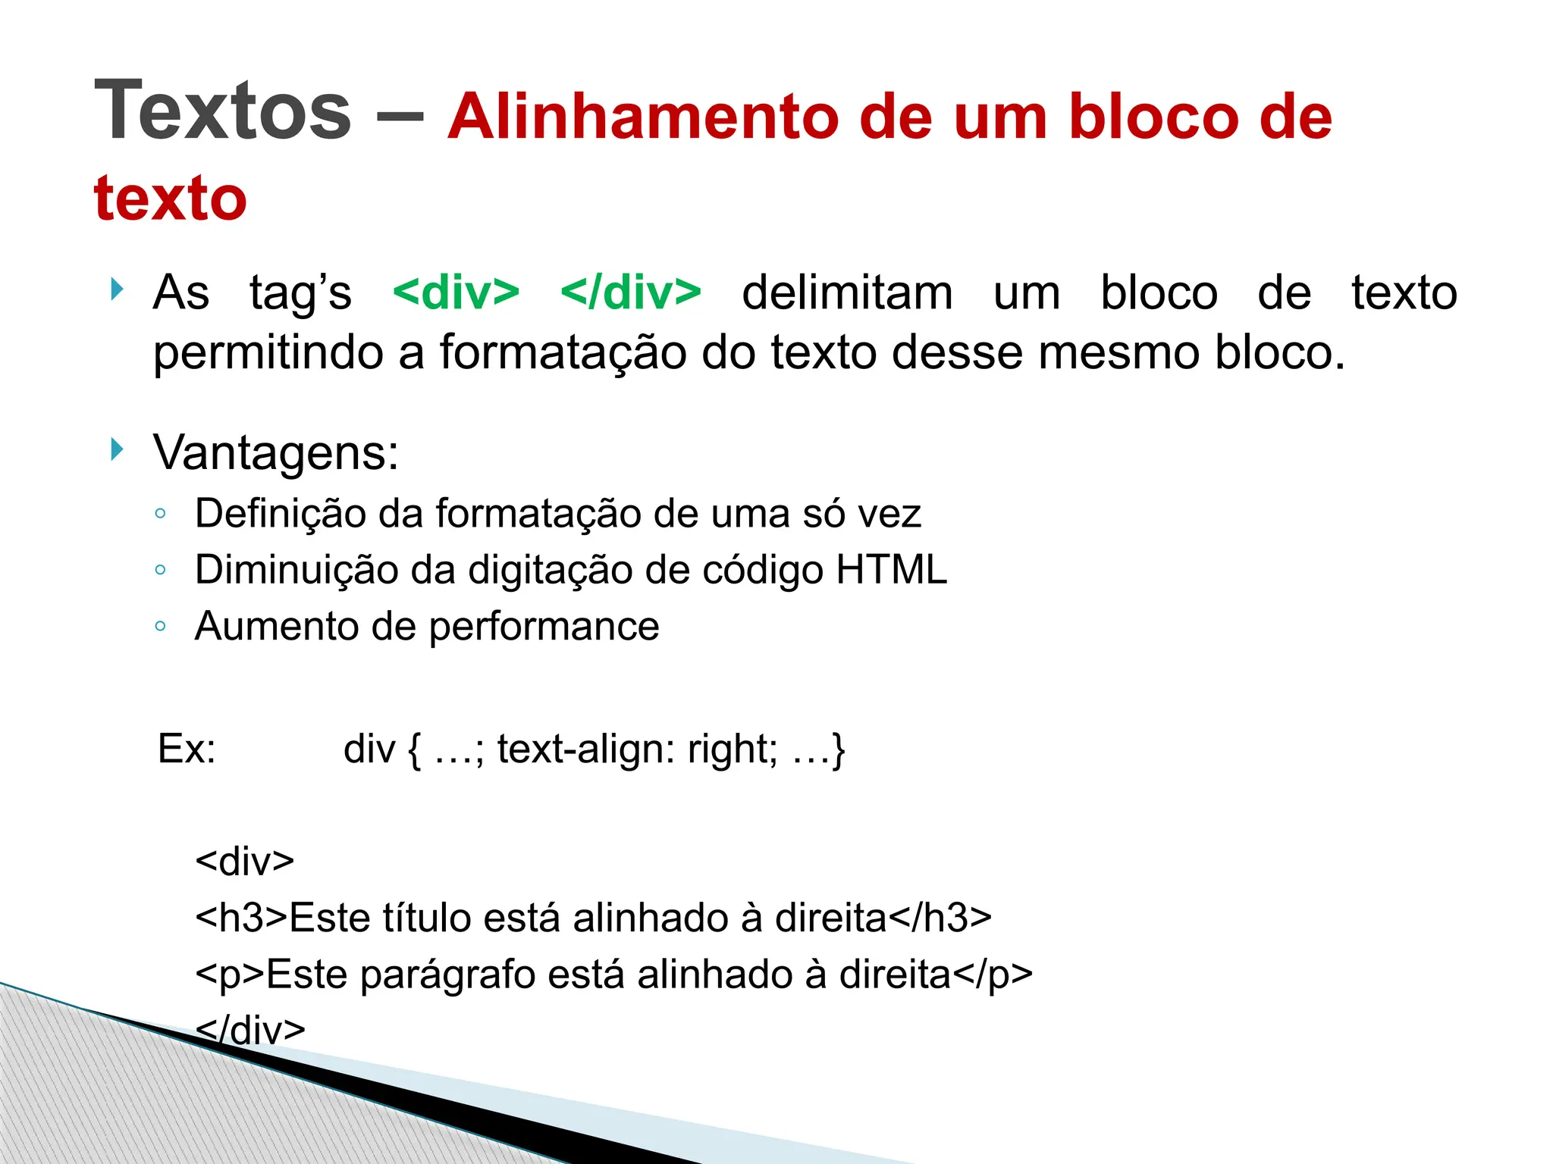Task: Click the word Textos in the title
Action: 222,111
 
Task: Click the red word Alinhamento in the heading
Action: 643,117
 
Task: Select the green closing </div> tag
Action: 631,293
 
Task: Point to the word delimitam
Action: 847,293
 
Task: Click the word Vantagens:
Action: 276,453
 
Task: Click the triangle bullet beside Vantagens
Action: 117,449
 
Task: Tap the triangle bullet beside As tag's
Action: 117,289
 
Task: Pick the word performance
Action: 544,627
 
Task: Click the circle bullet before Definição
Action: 160,514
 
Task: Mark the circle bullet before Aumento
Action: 160,627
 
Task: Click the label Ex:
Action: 187,749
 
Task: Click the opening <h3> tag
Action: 241,918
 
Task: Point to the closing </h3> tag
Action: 940,918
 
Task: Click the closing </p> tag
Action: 993,975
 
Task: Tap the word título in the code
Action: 427,918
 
